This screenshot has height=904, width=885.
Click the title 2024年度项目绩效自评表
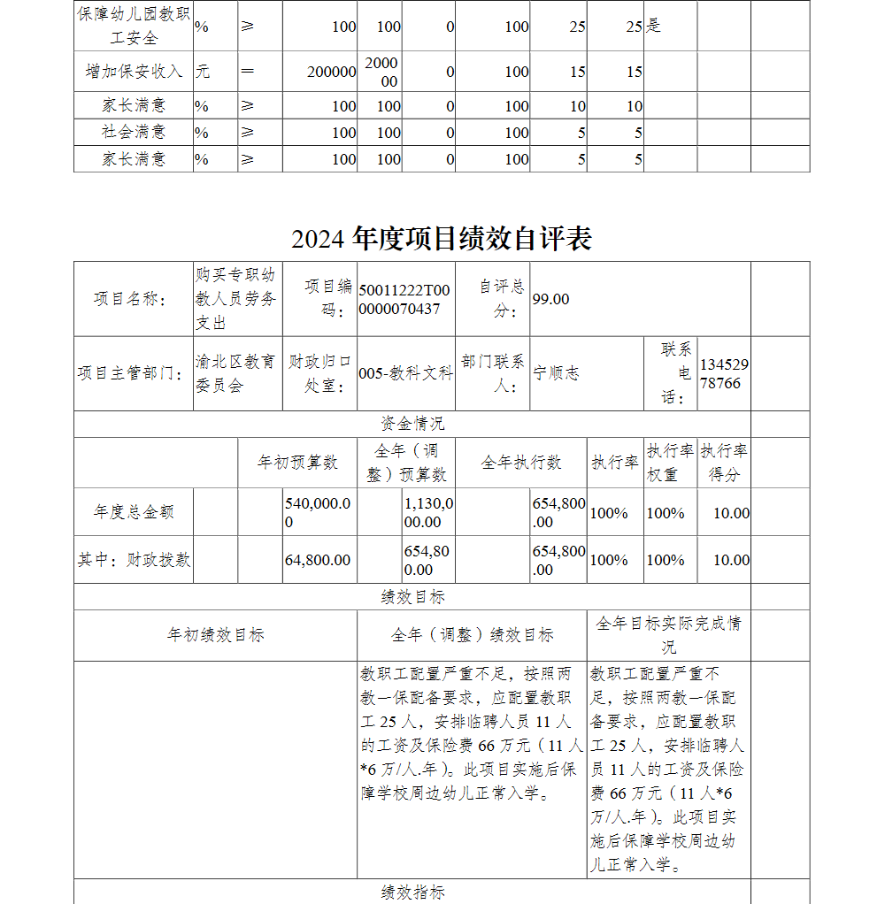coord(442,239)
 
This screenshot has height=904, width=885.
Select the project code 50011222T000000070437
coord(404,299)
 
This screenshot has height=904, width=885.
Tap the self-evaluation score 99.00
coord(551,299)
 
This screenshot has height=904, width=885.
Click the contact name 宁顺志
coord(557,373)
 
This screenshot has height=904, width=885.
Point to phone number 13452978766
coord(723,374)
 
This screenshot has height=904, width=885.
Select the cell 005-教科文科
coord(405,373)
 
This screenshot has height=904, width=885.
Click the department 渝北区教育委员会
coord(235,374)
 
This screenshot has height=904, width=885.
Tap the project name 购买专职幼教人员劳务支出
coord(235,299)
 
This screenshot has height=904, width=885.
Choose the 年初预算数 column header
coord(297,462)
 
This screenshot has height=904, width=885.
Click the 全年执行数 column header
coord(521,462)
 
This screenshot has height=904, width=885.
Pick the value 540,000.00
coord(318,512)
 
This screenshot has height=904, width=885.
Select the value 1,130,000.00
coord(428,512)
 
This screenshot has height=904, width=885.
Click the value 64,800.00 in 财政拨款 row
coord(318,560)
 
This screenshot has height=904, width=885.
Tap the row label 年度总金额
coord(134,512)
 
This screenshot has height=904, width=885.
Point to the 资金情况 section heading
coord(412,424)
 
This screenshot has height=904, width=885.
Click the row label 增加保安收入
coord(134,72)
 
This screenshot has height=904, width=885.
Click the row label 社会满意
coord(134,132)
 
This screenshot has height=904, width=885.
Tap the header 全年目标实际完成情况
coord(668,634)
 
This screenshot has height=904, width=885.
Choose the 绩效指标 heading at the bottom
coord(412,892)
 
